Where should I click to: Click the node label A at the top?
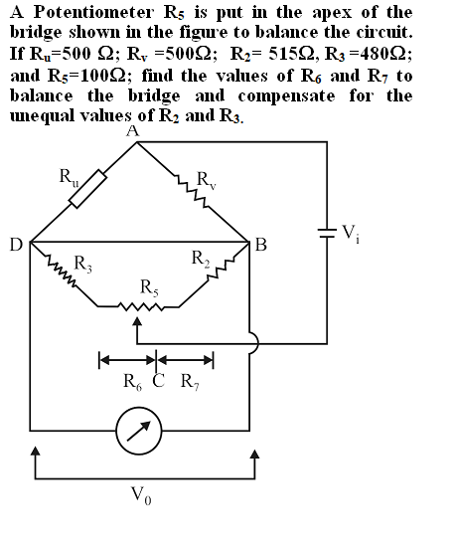point(133,131)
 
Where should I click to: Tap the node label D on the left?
point(16,245)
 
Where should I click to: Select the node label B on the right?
point(261,245)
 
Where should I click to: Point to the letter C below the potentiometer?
point(158,381)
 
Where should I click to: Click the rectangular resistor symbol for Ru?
point(87,189)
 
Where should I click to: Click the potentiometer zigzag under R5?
point(141,307)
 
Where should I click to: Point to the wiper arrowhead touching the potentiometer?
point(138,321)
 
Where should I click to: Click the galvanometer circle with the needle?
point(139,431)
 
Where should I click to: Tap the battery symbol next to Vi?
point(327,233)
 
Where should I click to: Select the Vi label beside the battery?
point(351,234)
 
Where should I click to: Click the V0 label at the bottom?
point(141,495)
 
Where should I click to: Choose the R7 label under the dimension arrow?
point(190,381)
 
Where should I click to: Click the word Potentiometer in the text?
point(93,13)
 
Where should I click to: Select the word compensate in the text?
point(286,96)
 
